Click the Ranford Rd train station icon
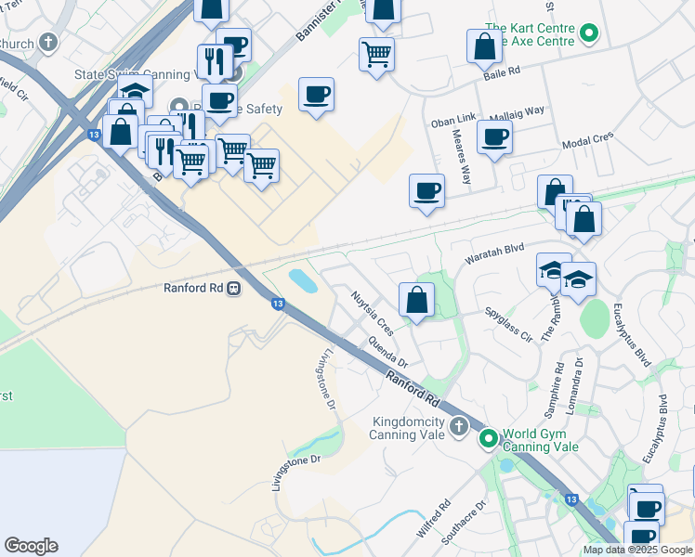pyautogui.click(x=234, y=288)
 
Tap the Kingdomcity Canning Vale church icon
pyautogui.click(x=457, y=427)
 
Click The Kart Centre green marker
pyautogui.click(x=587, y=36)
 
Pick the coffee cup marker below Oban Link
pyautogui.click(x=494, y=138)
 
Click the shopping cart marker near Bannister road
pyautogui.click(x=376, y=54)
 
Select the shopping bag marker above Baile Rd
pyautogui.click(x=485, y=45)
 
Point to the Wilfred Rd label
pyautogui.click(x=433, y=519)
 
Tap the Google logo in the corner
pyautogui.click(x=31, y=546)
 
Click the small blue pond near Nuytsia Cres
pyautogui.click(x=302, y=279)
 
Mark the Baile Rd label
pyautogui.click(x=500, y=70)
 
